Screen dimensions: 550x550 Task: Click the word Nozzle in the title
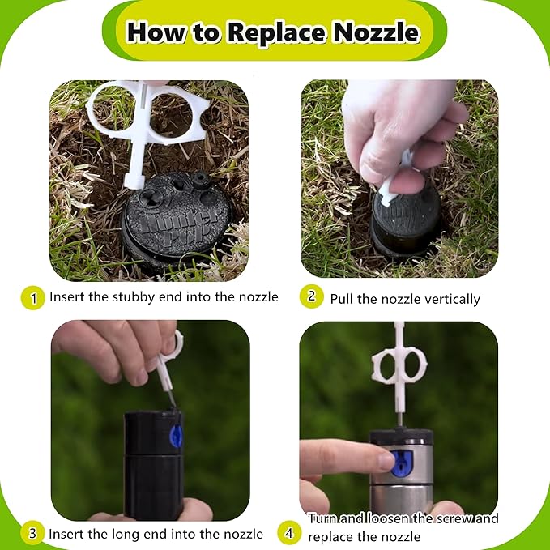click(376, 32)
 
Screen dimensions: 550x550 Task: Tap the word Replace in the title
click(276, 33)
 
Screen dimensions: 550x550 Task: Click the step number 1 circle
click(33, 298)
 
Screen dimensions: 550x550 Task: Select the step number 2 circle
click(312, 296)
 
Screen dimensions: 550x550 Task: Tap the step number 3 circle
click(32, 533)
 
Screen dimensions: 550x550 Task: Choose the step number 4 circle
click(289, 533)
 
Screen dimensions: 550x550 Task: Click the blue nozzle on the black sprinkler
click(176, 436)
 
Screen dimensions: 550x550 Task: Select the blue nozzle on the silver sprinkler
click(402, 463)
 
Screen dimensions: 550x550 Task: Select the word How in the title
click(156, 32)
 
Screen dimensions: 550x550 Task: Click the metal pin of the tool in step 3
click(172, 399)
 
